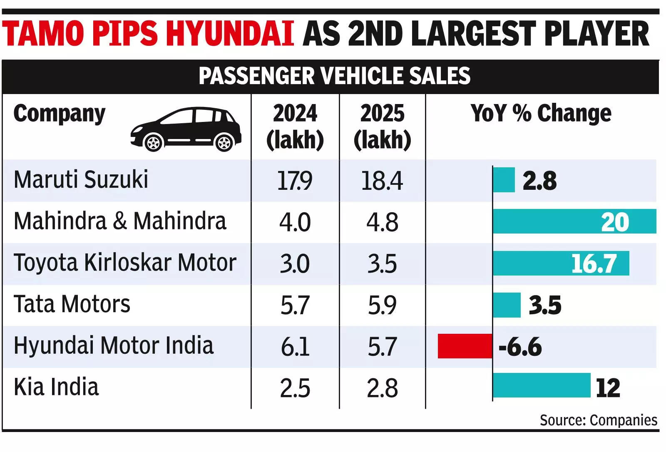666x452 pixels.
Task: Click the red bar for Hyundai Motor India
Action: (x=465, y=346)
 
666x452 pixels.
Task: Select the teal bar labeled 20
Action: (x=574, y=221)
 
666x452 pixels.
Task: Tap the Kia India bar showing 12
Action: (x=541, y=385)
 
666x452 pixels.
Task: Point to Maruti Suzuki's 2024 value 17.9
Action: (x=295, y=181)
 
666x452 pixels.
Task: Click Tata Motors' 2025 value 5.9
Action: (x=382, y=305)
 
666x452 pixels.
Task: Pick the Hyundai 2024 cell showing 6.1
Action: (x=295, y=347)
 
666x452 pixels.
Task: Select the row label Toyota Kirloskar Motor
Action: (x=125, y=263)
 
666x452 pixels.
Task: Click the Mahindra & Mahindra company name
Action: (x=120, y=221)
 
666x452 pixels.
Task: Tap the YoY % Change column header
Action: (x=541, y=113)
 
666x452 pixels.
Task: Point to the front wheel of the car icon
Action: (x=154, y=143)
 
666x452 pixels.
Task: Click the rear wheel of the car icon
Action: (x=224, y=143)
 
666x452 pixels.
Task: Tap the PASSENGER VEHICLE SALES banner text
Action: (x=334, y=76)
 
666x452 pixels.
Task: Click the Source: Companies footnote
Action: (x=598, y=420)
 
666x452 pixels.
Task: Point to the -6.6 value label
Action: (x=520, y=347)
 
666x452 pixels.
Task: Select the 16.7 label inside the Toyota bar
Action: (x=593, y=263)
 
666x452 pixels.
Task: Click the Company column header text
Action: (x=60, y=114)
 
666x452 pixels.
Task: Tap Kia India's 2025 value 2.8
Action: (x=382, y=388)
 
